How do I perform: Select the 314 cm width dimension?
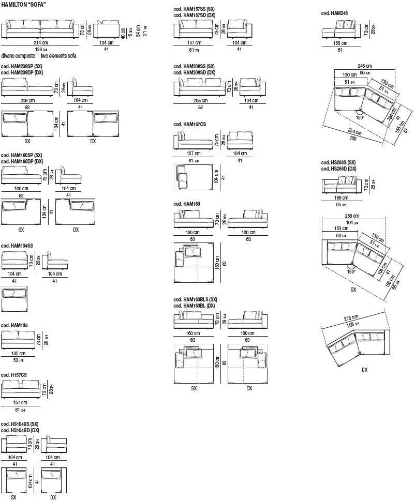41,43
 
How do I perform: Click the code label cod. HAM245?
334,13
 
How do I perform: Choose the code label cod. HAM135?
14,325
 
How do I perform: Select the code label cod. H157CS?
14,375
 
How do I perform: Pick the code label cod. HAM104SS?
17,246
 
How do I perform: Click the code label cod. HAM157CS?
189,125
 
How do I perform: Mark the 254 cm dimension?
355,132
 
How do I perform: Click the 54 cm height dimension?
138,31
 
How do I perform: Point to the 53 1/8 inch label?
18,360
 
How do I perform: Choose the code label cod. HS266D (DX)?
338,169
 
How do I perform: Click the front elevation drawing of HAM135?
18,339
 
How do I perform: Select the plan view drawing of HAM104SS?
14,298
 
